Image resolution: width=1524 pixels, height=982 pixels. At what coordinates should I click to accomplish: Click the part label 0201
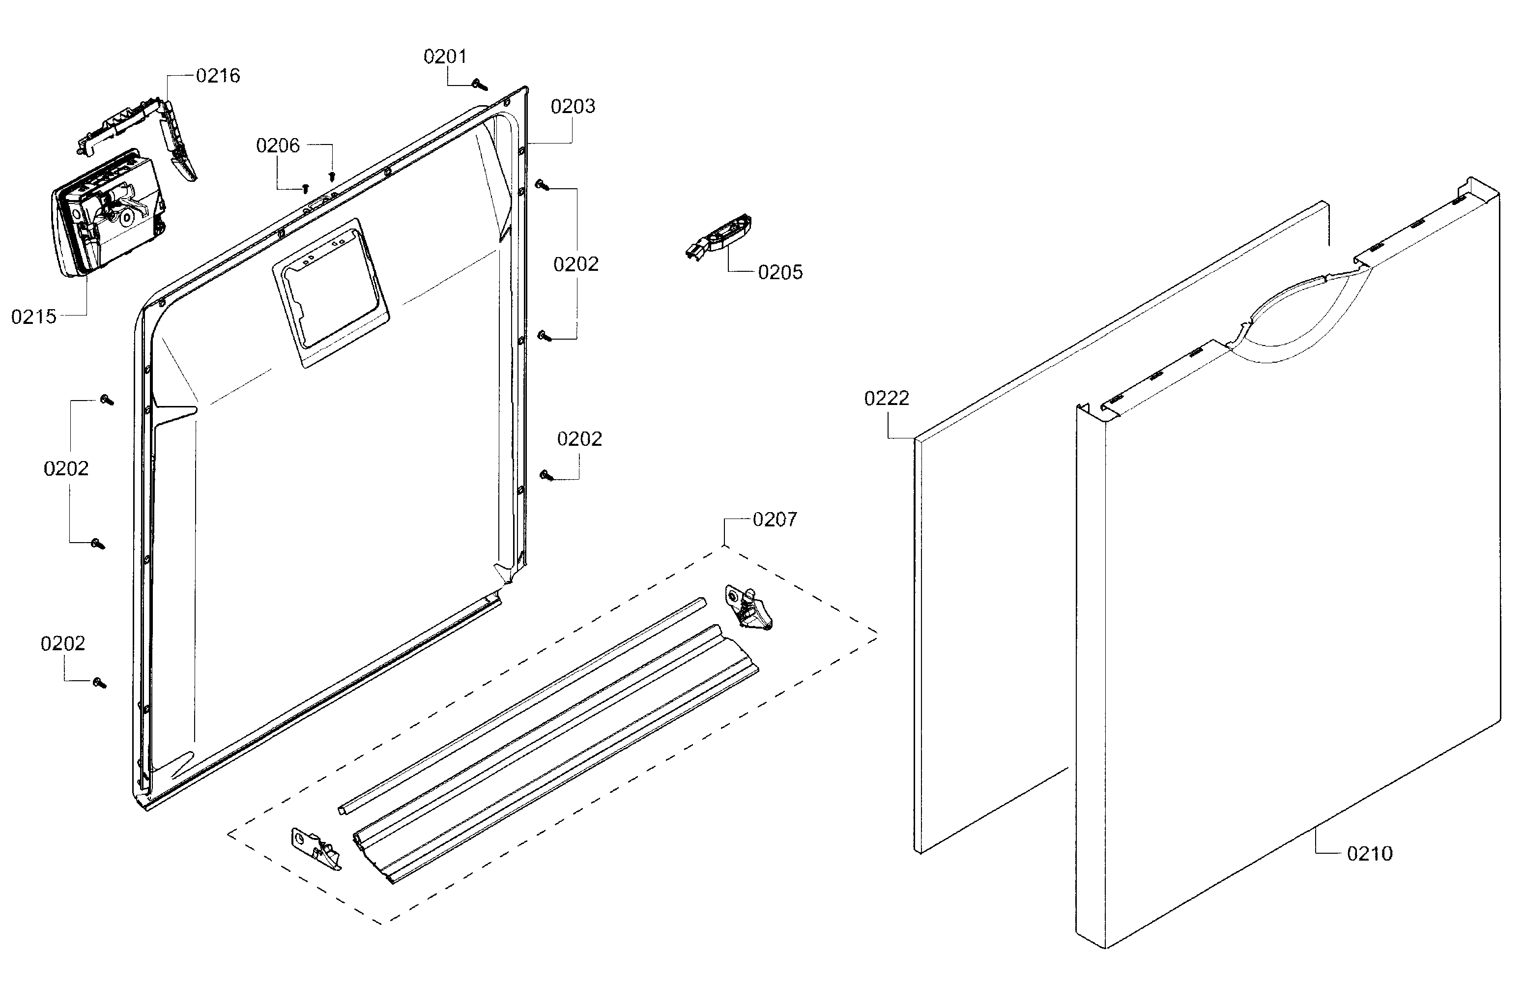pos(445,57)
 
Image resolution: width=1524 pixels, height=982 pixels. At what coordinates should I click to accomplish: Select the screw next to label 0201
pos(480,85)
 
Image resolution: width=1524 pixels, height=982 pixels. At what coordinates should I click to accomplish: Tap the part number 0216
pos(217,76)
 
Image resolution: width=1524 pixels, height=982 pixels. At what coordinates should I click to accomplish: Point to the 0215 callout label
pos(34,317)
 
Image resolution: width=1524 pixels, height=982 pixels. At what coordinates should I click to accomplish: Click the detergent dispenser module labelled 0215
pos(109,214)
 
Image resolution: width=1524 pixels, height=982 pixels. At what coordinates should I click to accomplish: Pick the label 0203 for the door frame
pos(573,107)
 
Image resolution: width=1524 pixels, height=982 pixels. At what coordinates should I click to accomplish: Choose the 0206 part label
pos(277,146)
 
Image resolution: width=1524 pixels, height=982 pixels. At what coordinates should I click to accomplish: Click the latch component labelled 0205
pos(720,237)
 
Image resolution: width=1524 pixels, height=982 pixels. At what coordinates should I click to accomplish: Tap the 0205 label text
pos(780,272)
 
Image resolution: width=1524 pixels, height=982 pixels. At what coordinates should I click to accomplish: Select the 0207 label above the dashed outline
pos(774,520)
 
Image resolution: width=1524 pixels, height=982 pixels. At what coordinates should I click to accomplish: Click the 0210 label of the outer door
pos(1369,853)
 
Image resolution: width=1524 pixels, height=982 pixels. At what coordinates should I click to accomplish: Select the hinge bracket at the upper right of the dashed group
pos(748,608)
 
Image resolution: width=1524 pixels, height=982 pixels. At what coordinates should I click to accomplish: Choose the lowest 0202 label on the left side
pos(62,643)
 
